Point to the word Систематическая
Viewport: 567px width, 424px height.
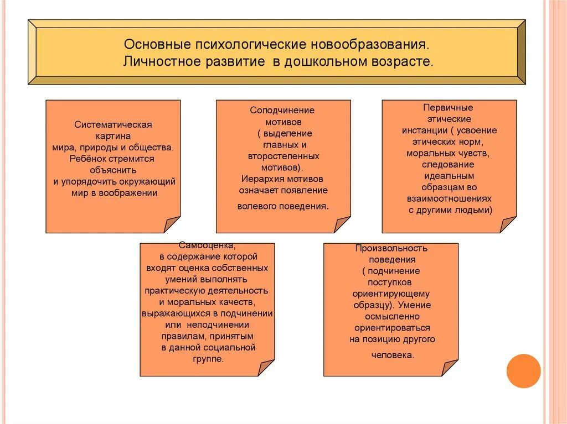point(113,124)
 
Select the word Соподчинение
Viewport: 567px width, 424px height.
point(282,110)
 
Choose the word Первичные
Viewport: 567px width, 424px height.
point(448,108)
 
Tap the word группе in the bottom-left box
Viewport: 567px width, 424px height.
point(207,359)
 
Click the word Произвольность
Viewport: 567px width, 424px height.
point(391,248)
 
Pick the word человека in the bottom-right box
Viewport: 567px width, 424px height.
point(390,355)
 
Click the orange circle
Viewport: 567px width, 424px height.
point(523,370)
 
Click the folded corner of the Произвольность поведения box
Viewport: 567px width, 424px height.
point(450,368)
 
